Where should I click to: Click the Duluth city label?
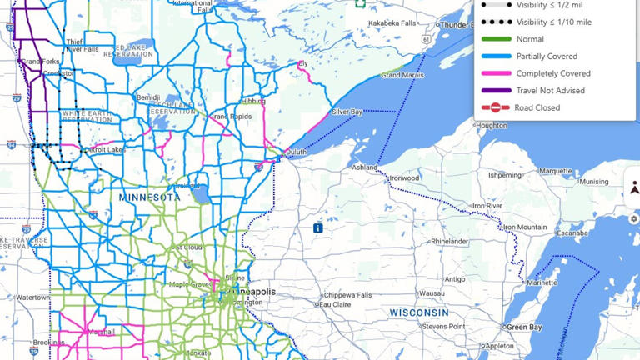pos(296,152)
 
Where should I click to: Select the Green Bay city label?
pos(525,327)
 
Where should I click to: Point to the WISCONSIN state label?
pos(419,312)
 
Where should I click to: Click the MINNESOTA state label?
pos(149,197)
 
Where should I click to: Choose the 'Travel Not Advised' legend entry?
pos(550,90)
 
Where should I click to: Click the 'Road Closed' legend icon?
pos(496,107)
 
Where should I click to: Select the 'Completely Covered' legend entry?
pos(552,73)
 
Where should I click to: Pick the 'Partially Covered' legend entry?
pos(547,57)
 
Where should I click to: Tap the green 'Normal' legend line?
pos(496,39)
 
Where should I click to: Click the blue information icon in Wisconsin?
pos(318,227)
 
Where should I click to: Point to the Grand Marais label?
pos(402,76)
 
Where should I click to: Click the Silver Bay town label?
pos(347,112)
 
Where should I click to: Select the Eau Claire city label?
pos(336,304)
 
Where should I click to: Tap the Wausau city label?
pos(432,293)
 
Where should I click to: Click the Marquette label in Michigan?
pos(556,171)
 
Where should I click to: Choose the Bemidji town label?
pos(147,97)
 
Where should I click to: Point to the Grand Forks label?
pos(40,62)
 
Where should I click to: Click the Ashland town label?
pos(364,167)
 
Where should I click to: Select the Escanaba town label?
pos(573,234)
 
